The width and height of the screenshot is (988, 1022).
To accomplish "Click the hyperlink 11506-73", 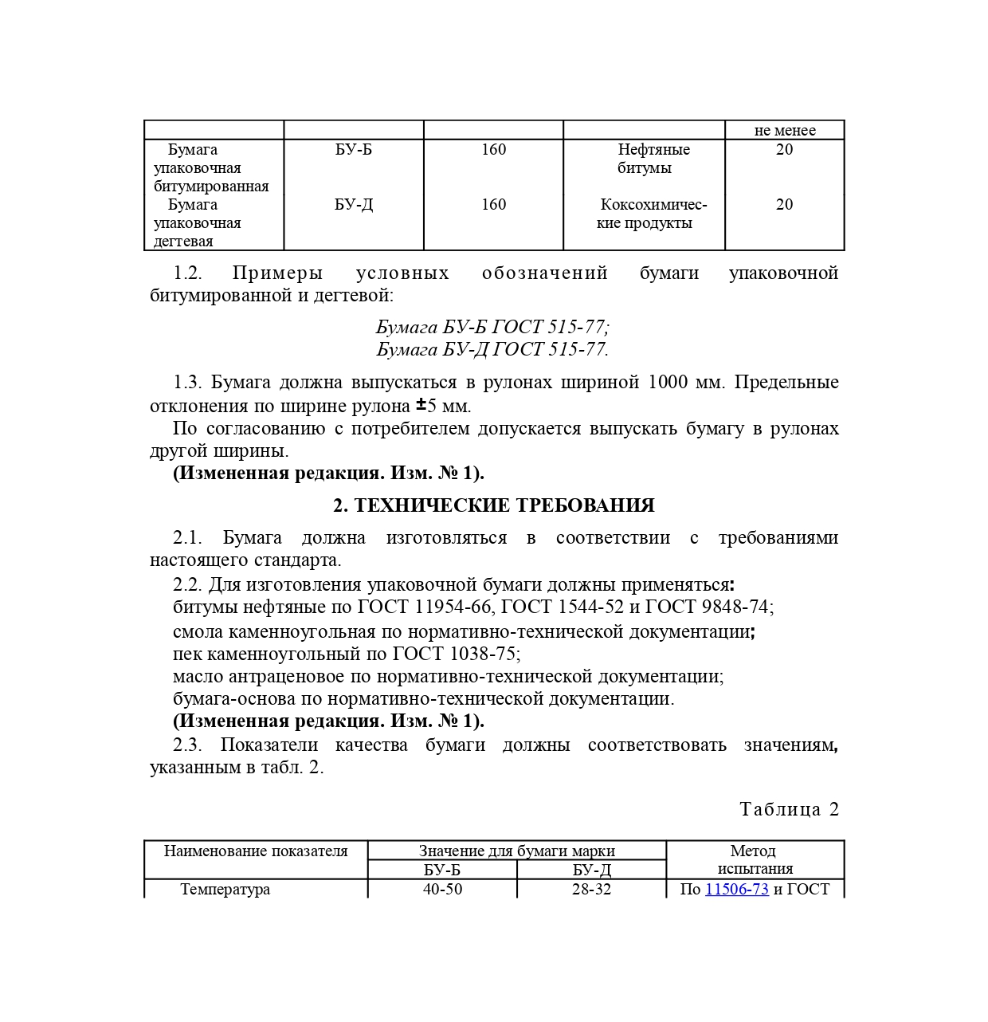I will (x=736, y=889).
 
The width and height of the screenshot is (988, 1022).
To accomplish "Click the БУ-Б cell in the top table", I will (x=353, y=149).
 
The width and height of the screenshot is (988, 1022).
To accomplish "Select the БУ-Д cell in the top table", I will (x=353, y=204).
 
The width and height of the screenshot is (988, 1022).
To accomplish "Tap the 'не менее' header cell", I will (x=784, y=130).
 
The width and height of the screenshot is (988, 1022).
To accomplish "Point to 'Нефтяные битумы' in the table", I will (x=653, y=158).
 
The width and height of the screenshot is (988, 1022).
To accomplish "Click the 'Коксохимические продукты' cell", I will (x=653, y=214).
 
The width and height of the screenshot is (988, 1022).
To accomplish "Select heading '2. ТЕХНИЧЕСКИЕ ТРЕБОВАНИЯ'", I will (x=493, y=505).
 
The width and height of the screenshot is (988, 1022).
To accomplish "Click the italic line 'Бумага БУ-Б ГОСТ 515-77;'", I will (x=492, y=327).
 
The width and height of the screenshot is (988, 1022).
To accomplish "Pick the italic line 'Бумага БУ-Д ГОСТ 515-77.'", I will (x=492, y=349).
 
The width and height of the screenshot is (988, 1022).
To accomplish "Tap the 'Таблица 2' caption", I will (x=789, y=809).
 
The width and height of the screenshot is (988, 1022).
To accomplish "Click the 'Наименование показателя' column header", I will (x=256, y=851).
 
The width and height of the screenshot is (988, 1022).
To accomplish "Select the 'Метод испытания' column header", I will (x=754, y=859).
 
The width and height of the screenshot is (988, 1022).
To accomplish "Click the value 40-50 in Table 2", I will (x=442, y=889).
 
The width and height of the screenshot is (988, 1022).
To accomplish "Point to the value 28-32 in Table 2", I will (x=591, y=889).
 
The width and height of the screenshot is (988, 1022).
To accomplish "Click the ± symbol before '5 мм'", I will (x=421, y=404).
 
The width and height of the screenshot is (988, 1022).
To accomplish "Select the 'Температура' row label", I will (x=225, y=889).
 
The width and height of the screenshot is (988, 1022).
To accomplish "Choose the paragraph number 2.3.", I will (x=187, y=745).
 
